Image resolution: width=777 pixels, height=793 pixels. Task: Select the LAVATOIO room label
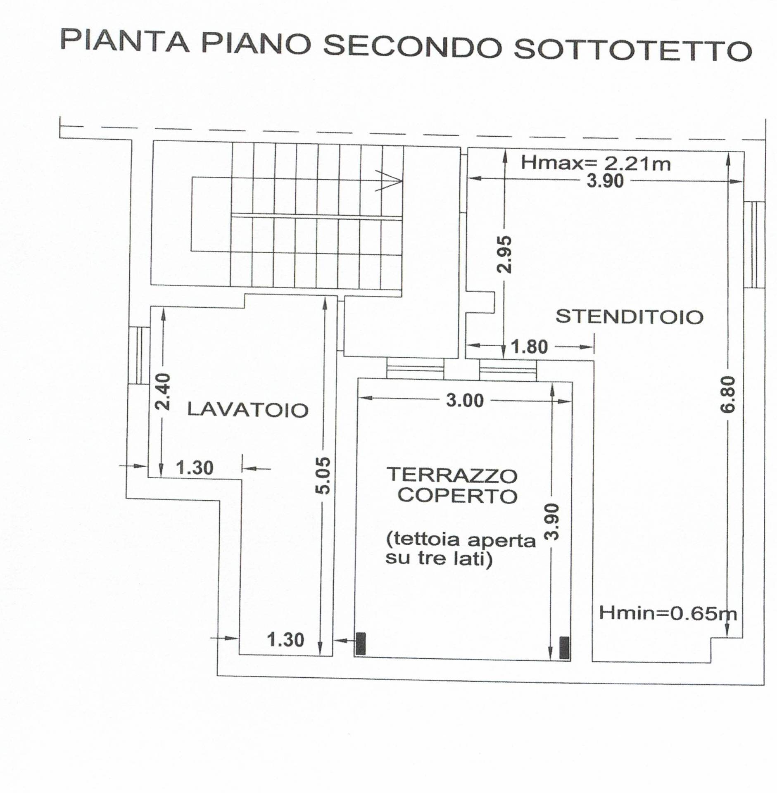(248, 410)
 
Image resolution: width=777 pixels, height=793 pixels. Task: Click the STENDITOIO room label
(629, 317)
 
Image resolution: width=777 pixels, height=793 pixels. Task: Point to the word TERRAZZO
(451, 475)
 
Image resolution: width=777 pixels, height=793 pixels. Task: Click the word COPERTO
(457, 496)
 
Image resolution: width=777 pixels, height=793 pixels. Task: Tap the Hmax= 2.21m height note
(595, 163)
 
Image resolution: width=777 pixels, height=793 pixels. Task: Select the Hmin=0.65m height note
(668, 613)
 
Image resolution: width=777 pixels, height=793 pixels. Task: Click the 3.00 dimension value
(465, 401)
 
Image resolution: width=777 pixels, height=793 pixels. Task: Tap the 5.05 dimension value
(325, 475)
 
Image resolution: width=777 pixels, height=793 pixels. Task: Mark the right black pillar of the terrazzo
(564, 648)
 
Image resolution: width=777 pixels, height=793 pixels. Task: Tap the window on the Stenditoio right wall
(754, 245)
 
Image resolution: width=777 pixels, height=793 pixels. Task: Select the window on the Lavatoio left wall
(138, 356)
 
